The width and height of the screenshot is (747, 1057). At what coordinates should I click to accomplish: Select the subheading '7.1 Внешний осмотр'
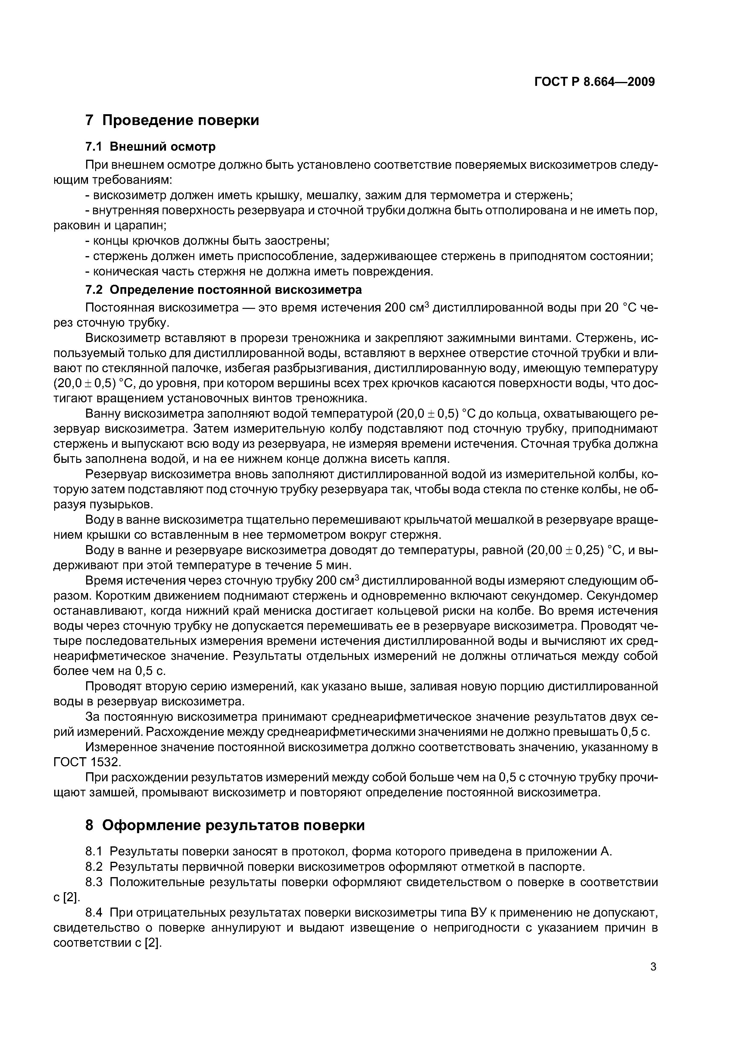(151, 147)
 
